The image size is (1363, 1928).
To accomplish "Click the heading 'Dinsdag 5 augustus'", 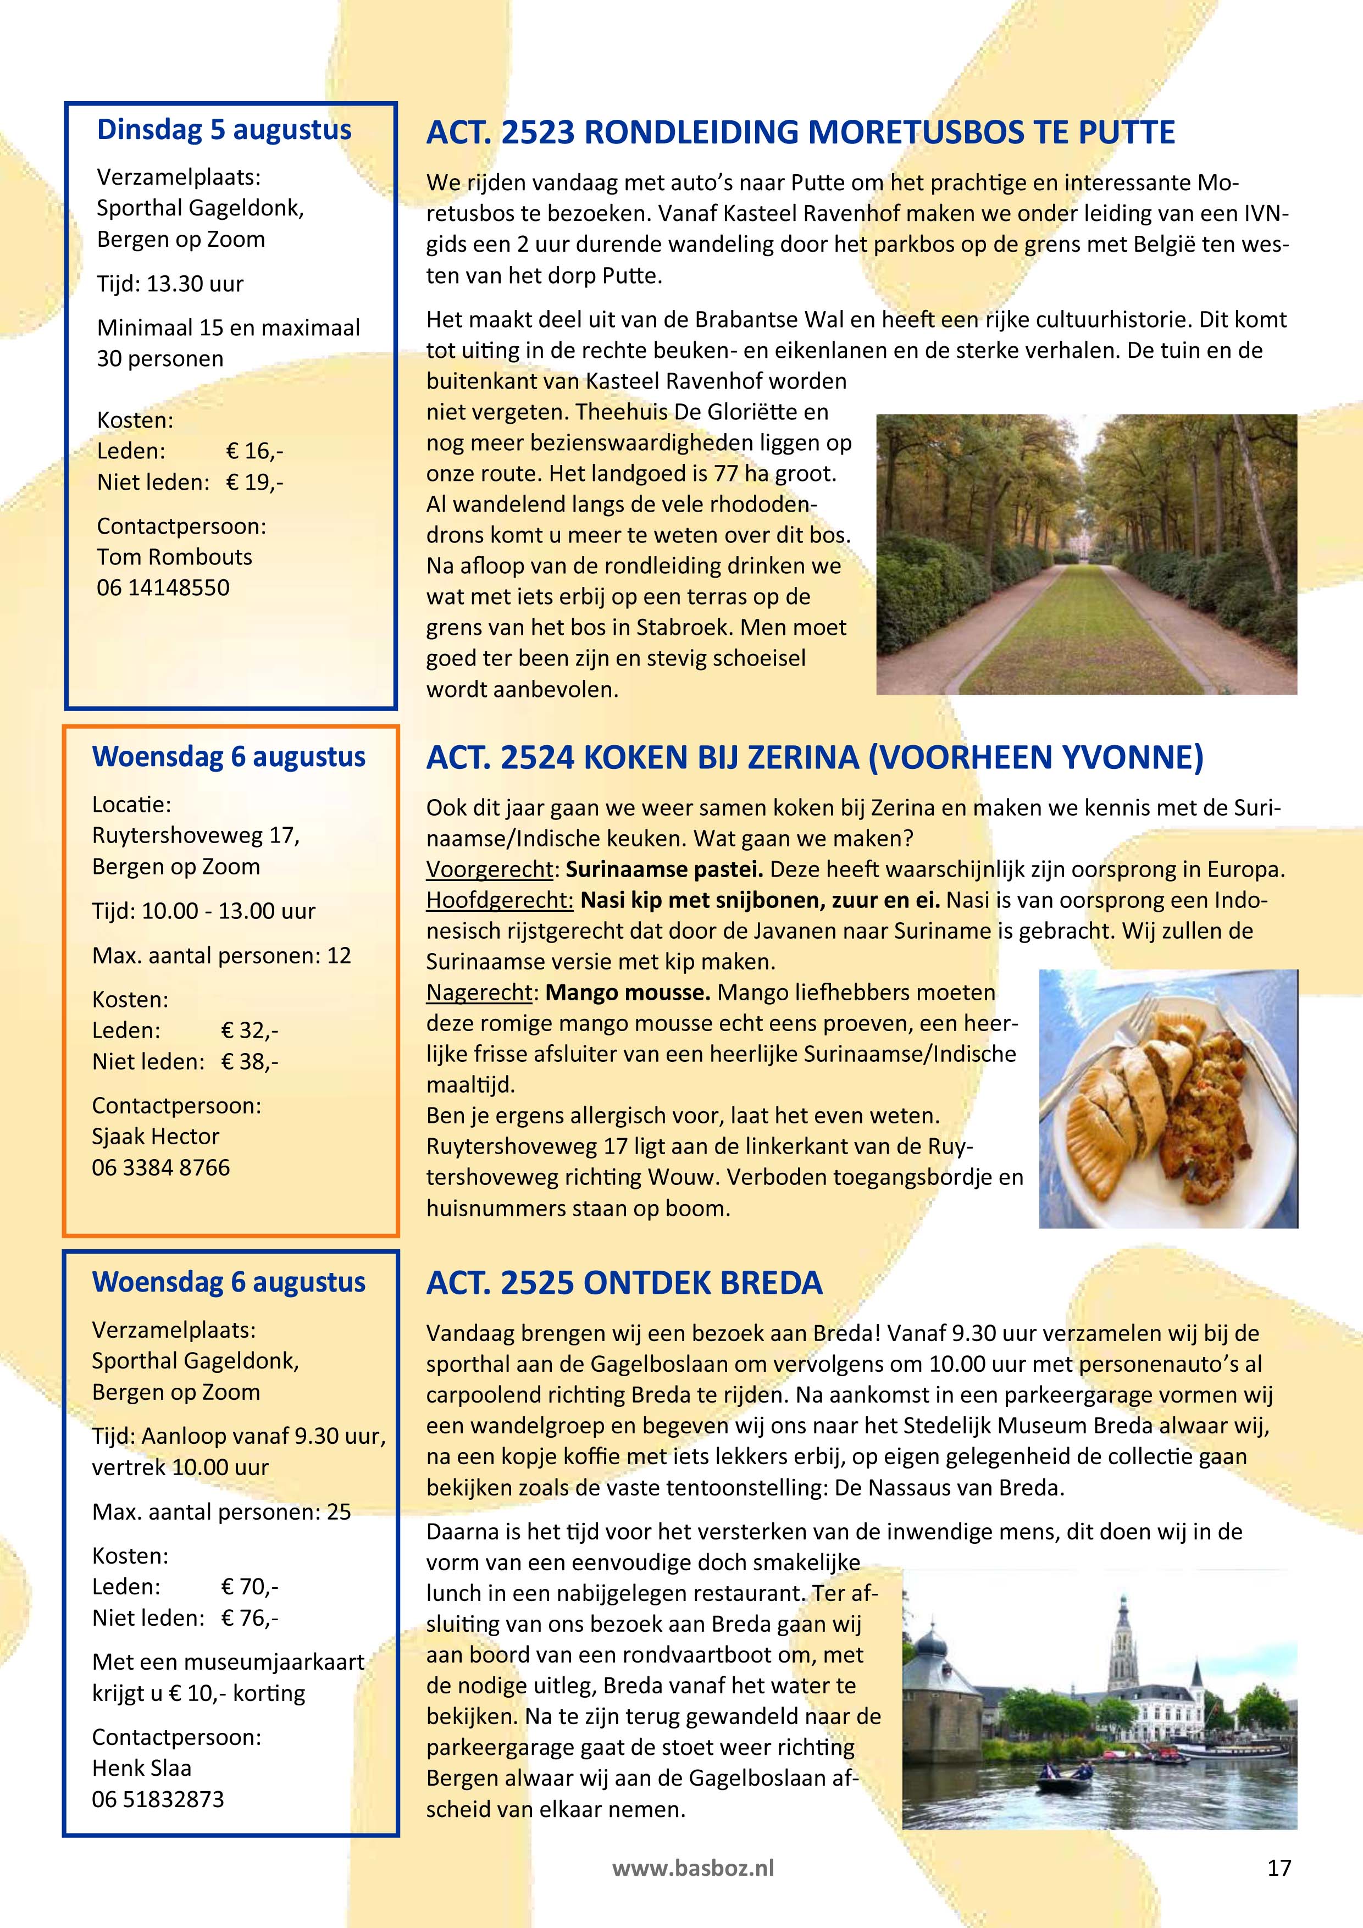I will [224, 130].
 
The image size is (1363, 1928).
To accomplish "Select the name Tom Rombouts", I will [175, 557].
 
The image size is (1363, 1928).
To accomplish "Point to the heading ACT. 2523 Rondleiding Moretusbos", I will [800, 132].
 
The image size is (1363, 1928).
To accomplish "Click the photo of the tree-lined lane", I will [1086, 554].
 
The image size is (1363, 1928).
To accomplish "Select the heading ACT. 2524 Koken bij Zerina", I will [814, 757].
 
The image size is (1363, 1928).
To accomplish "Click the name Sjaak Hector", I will [156, 1136].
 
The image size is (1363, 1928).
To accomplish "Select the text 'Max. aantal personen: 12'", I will [221, 956].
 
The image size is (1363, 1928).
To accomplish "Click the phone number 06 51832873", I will [158, 1799].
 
